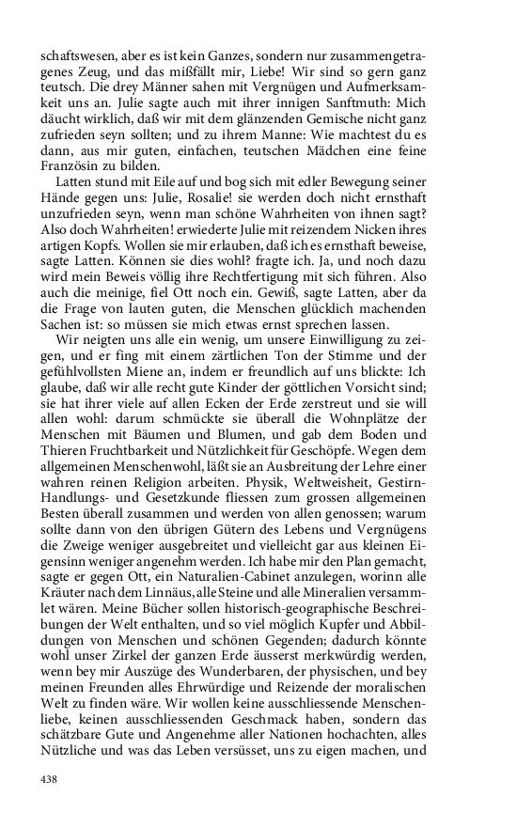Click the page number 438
tap(50, 780)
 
